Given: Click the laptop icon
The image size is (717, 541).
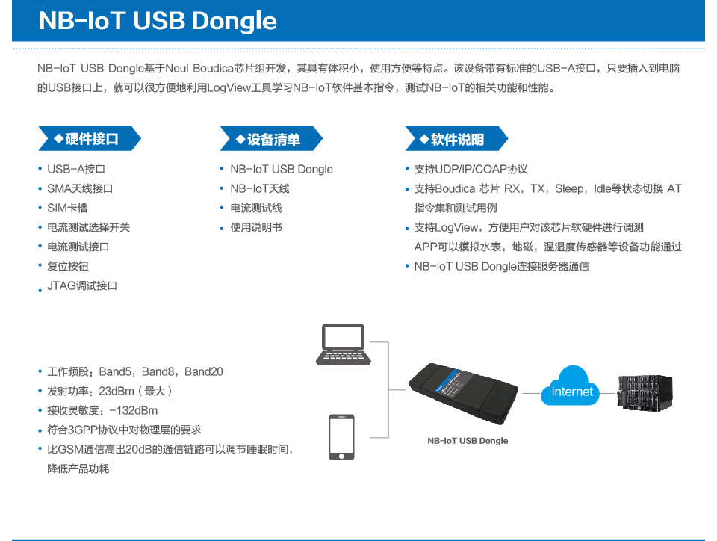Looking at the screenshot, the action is (344, 344).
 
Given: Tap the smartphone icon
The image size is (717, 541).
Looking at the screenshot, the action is (341, 437).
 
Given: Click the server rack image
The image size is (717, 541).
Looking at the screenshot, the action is (645, 393).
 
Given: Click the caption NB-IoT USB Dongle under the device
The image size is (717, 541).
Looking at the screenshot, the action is (468, 441).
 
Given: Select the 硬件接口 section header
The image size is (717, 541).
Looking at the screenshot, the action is (90, 138).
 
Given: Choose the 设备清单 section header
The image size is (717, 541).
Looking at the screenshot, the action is (271, 138).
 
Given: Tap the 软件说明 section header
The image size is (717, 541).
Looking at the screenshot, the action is (456, 138).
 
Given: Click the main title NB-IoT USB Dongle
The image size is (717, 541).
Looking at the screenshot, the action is (158, 21).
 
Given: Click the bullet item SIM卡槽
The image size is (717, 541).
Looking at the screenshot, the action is (67, 208).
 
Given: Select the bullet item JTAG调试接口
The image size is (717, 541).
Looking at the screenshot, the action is (82, 286).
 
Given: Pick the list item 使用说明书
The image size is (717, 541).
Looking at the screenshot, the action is (256, 227).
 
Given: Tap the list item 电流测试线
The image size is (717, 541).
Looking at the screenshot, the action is (256, 208).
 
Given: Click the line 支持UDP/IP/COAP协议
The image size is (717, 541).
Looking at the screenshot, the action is (471, 169).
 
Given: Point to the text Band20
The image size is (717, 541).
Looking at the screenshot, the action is (203, 372).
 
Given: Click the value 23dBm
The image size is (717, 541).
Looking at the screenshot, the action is (117, 391).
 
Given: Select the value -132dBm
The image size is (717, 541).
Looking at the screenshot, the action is (134, 411).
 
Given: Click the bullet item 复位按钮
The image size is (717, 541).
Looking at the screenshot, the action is (68, 266).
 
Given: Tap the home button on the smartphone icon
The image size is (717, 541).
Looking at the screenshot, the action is (341, 456).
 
